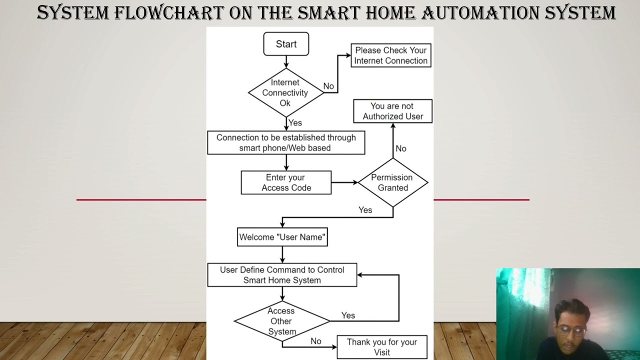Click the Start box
point(286,44)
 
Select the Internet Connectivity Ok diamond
point(285,92)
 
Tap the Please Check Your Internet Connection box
point(391,55)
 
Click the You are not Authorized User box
point(392,111)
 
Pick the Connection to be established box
point(286,142)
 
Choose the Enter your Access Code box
point(286,182)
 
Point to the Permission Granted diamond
point(392,182)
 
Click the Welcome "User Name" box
point(282,237)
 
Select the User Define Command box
point(282,275)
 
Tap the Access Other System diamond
point(281,321)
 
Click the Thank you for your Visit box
point(382,347)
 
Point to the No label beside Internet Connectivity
point(328,86)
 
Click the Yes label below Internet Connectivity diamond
point(295,122)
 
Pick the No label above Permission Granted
point(401,148)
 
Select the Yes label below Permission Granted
point(365,210)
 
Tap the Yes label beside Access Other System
point(348,315)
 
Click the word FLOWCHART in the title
point(168,12)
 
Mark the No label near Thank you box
point(316,341)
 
